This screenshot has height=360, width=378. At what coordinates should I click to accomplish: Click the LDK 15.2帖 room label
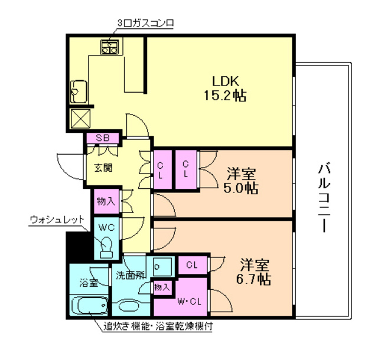pyautogui.click(x=225, y=88)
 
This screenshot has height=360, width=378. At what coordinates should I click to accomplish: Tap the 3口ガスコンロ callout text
pyautogui.click(x=146, y=24)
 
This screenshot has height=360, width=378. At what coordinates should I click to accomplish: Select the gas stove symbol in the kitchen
pyautogui.click(x=109, y=47)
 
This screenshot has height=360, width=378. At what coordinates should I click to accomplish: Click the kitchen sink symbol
pyautogui.click(x=79, y=92)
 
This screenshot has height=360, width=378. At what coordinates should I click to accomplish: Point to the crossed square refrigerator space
pyautogui.click(x=80, y=119)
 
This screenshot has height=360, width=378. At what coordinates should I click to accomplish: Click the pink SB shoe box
pyautogui.click(x=103, y=138)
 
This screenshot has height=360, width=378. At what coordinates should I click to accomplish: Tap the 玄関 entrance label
pyautogui.click(x=103, y=168)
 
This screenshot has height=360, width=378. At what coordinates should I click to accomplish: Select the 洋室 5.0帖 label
pyautogui.click(x=241, y=181)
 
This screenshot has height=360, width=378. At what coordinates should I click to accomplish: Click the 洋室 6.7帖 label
pyautogui.click(x=253, y=272)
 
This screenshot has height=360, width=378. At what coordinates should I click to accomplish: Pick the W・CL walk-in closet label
pyautogui.click(x=189, y=302)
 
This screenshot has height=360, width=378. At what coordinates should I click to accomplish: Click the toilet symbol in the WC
pyautogui.click(x=107, y=248)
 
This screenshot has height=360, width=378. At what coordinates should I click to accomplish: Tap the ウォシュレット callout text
pyautogui.click(x=57, y=220)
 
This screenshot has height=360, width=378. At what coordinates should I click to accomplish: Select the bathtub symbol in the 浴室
pyautogui.click(x=90, y=305)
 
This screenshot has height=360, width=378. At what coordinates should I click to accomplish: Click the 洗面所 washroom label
pyautogui.click(x=131, y=275)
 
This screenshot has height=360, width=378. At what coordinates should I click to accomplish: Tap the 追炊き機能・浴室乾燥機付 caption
pyautogui.click(x=158, y=326)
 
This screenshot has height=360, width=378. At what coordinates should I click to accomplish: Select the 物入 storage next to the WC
pyautogui.click(x=106, y=201)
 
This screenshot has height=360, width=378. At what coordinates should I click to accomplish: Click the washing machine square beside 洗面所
pyautogui.click(x=163, y=267)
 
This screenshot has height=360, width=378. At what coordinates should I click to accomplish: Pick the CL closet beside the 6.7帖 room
pyautogui.click(x=193, y=266)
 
